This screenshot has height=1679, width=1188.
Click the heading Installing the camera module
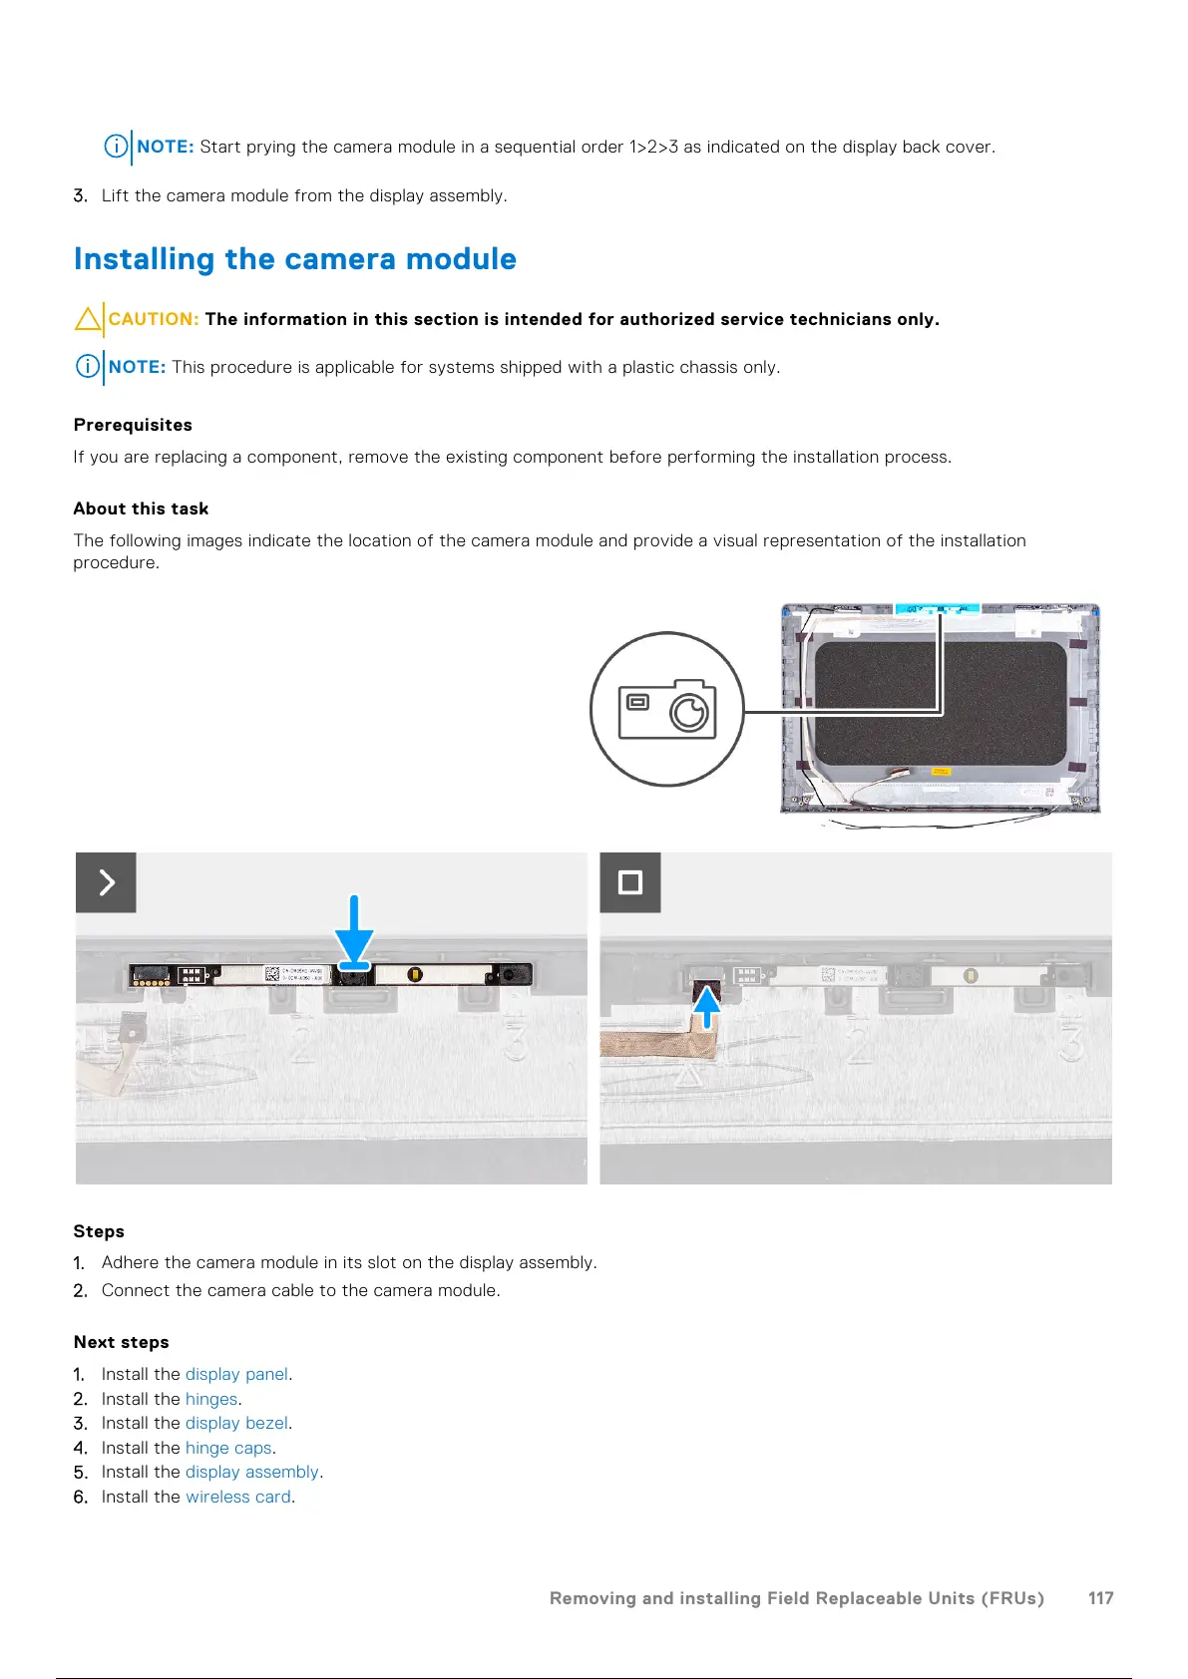(295, 259)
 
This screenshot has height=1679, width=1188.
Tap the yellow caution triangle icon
(87, 319)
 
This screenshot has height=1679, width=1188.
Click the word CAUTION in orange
(154, 319)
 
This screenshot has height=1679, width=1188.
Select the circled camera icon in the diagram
(666, 709)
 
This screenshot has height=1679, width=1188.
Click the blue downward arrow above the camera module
(354, 932)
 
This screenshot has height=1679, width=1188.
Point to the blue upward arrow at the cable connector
(706, 1006)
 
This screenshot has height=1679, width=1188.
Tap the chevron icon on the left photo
(106, 882)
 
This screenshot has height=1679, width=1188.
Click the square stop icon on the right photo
(630, 882)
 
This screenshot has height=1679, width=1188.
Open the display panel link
(236, 1374)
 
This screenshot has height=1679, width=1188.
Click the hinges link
(211, 1399)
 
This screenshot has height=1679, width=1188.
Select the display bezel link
(236, 1423)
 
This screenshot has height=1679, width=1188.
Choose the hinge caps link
(228, 1448)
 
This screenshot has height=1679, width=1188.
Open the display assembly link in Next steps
(251, 1472)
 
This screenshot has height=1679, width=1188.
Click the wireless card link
(238, 1497)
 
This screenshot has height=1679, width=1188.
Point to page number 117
(1100, 1598)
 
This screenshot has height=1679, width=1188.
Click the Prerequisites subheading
(133, 425)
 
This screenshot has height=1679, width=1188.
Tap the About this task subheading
(141, 508)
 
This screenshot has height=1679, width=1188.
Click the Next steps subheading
(121, 1342)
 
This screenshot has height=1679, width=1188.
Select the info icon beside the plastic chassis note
(88, 367)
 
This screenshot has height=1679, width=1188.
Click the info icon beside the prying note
(116, 147)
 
